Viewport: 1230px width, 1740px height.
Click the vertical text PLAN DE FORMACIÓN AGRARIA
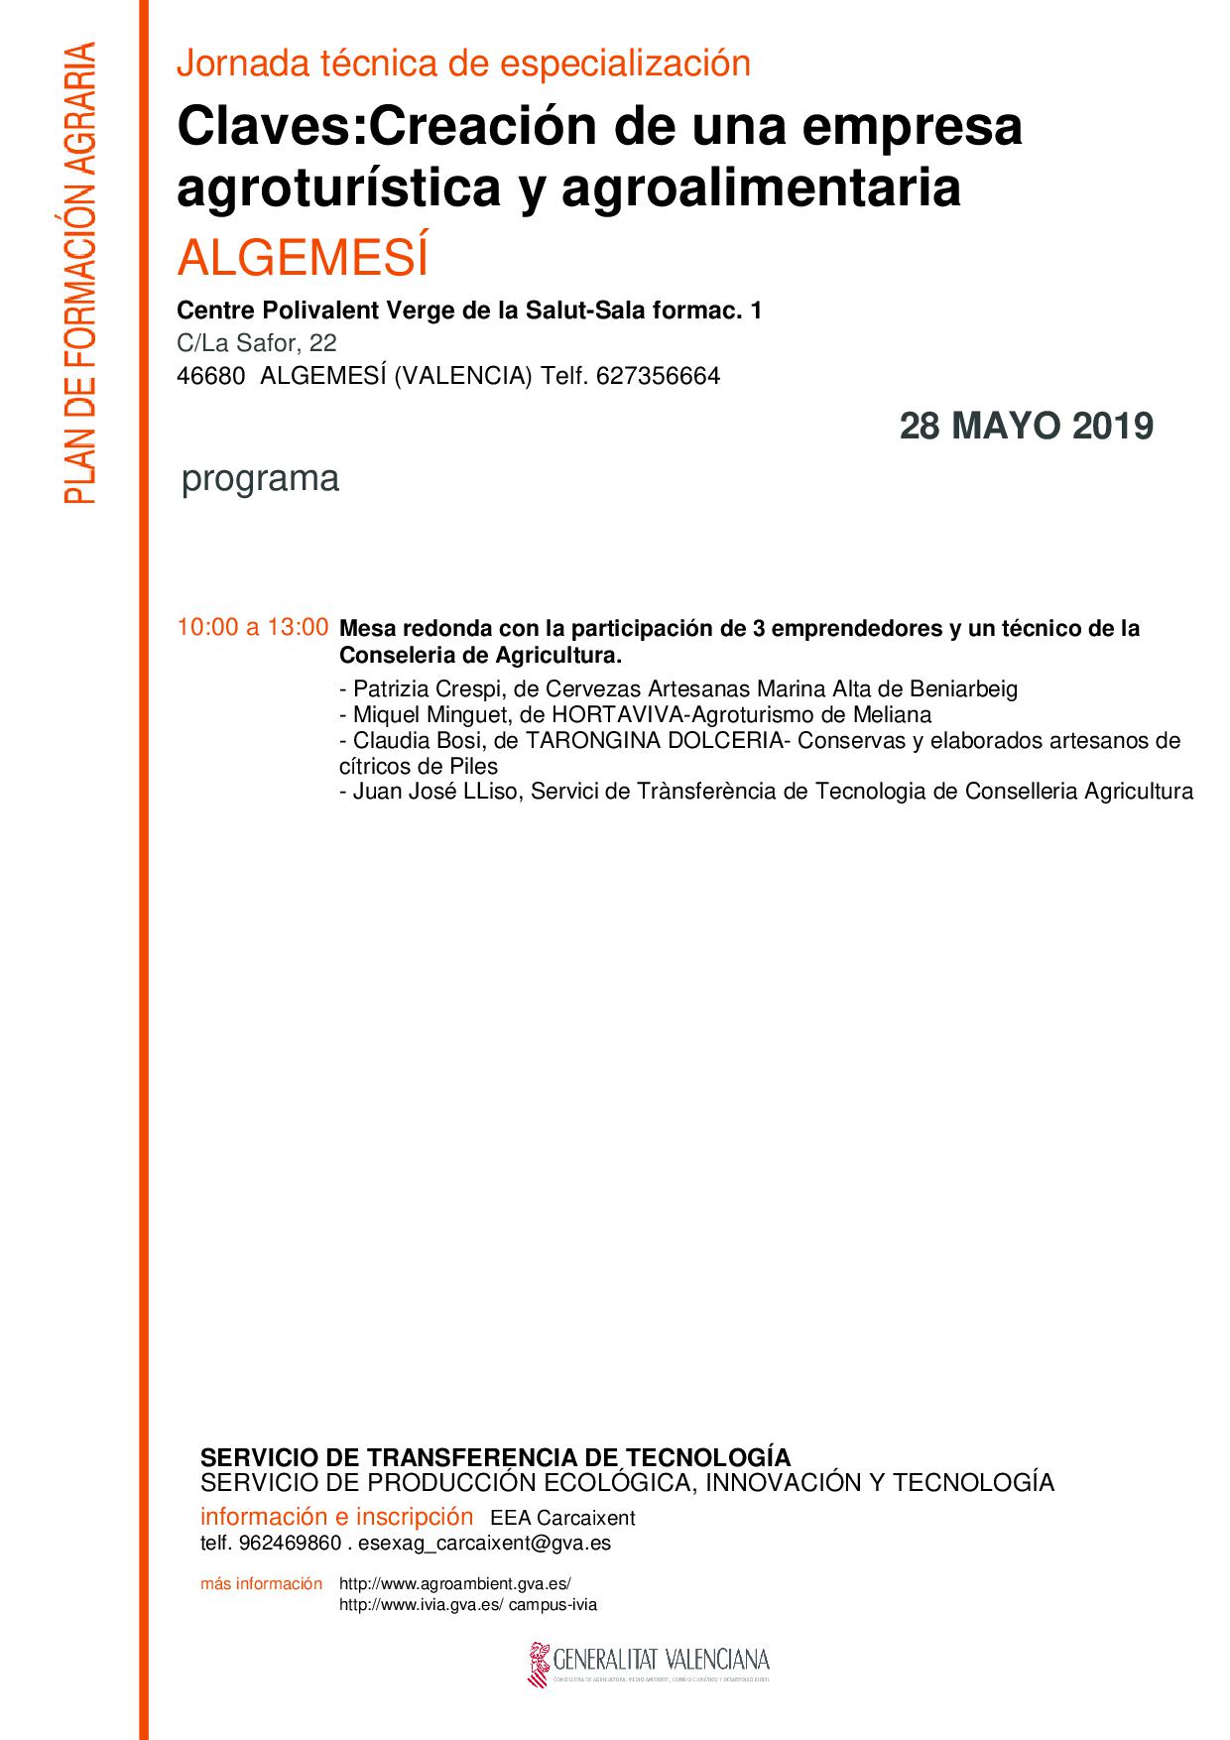(79, 273)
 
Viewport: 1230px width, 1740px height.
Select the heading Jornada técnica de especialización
(463, 63)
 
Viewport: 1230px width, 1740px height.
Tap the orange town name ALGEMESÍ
(303, 258)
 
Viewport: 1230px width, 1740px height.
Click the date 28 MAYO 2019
(1026, 427)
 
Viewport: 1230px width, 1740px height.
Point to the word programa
(260, 478)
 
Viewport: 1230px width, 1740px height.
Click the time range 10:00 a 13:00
(252, 627)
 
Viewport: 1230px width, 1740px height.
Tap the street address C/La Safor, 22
(256, 343)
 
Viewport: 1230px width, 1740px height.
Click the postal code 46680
(210, 377)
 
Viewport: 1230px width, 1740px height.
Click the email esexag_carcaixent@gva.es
(484, 1544)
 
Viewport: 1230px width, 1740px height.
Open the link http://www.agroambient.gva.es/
(455, 1584)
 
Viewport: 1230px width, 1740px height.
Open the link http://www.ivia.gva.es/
(422, 1605)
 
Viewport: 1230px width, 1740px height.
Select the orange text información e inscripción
(336, 1517)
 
